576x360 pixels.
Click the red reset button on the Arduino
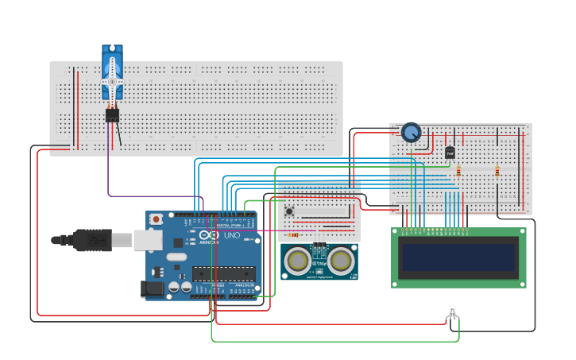point(157,219)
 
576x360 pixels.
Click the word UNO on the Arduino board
point(231,236)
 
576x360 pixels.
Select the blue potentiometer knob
point(411,132)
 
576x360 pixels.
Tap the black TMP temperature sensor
point(450,152)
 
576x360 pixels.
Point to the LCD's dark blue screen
point(458,257)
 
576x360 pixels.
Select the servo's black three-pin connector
point(112,115)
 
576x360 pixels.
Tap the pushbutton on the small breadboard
point(289,211)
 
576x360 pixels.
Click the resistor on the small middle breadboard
point(293,234)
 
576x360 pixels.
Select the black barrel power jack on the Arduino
point(153,290)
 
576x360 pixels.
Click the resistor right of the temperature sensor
point(459,170)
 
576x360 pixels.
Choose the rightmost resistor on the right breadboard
point(497,170)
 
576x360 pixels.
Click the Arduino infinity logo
point(208,236)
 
